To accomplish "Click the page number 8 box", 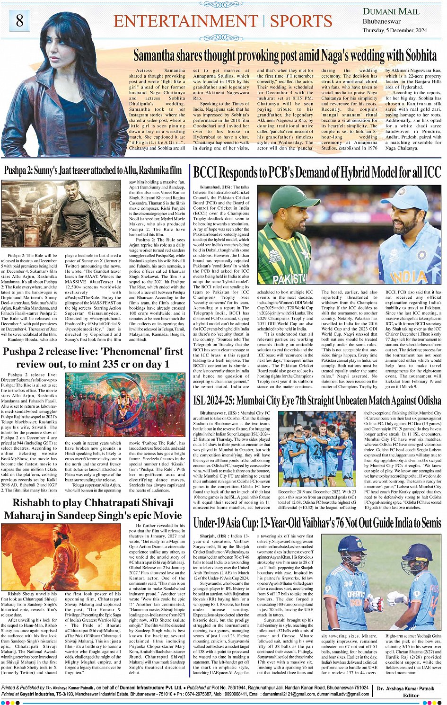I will coord(19,21).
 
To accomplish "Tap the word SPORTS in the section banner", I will coord(301,21).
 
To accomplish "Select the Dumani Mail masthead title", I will coord(391,11).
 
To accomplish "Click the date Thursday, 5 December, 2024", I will coord(394,30).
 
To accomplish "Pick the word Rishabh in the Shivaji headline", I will coord(31,502).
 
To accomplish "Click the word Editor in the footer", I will coord(411,696).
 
